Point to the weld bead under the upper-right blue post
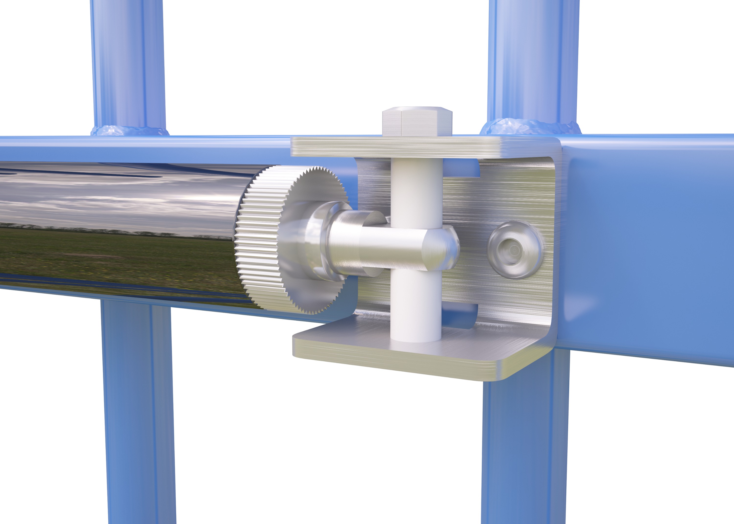click(x=529, y=126)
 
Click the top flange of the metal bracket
click(x=419, y=147)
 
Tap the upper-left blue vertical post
click(x=128, y=65)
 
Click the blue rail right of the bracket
click(x=645, y=245)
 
